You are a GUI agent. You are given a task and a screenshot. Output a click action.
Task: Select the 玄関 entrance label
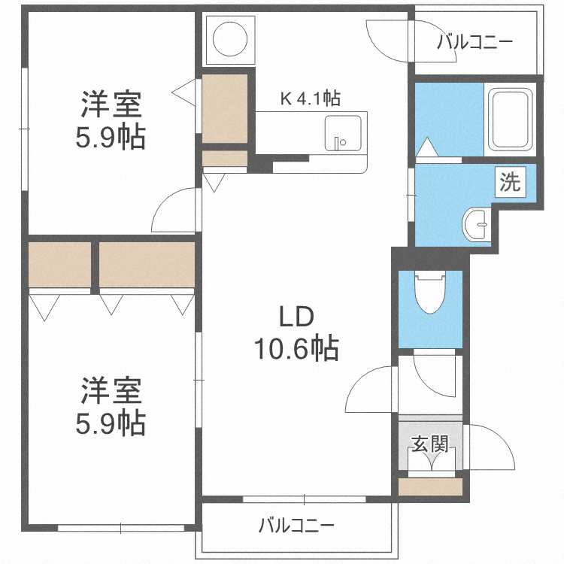[429, 444]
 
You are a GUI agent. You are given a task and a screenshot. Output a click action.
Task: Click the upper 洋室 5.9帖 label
[112, 120]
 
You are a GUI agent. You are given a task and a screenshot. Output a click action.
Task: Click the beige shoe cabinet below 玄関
[429, 487]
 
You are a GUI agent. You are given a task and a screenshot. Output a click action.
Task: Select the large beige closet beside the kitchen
[225, 108]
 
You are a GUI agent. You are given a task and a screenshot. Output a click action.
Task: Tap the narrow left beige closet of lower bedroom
[60, 264]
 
